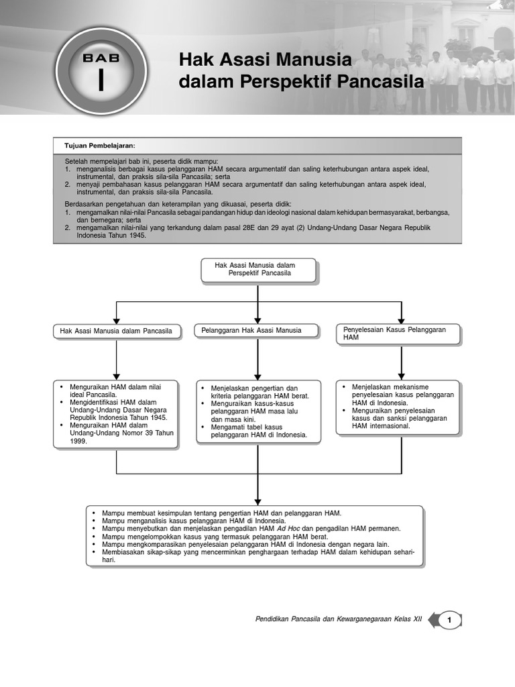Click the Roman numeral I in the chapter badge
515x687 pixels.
[x=101, y=79]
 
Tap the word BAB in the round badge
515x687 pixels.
[x=101, y=58]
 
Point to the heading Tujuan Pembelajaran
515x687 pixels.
[x=100, y=146]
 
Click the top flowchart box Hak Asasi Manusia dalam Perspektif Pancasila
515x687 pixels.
[x=258, y=270]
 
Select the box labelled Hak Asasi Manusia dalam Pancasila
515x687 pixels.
[x=116, y=331]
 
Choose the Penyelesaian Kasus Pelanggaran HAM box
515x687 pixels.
[x=398, y=333]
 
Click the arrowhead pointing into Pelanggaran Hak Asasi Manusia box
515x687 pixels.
[x=258, y=321]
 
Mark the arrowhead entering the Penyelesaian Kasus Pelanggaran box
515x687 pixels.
[x=401, y=321]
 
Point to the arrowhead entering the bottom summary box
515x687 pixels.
[x=258, y=502]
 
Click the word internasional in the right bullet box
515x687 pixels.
[x=385, y=425]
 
